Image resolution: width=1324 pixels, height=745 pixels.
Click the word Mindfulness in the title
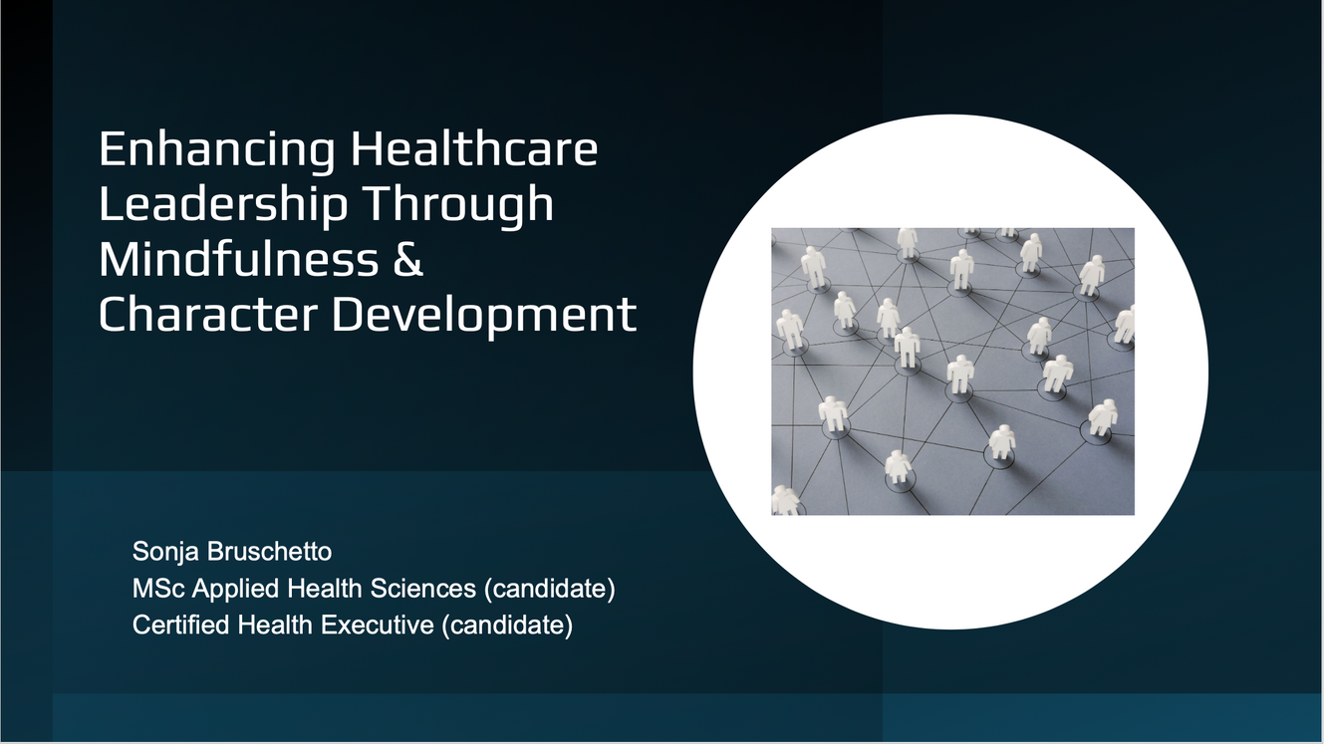pyautogui.click(x=238, y=259)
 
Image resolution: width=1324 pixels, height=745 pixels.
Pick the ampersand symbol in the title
pyautogui.click(x=408, y=259)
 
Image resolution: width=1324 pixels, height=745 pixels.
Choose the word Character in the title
pyautogui.click(x=208, y=315)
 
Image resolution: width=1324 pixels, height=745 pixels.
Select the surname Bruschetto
pyautogui.click(x=269, y=551)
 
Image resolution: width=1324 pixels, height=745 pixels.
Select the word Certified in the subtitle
pyautogui.click(x=181, y=625)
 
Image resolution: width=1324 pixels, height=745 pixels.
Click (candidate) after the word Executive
pyautogui.click(x=507, y=625)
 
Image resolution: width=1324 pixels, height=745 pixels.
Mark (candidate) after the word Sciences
pyautogui.click(x=550, y=589)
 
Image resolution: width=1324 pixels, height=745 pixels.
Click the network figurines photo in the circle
pyautogui.click(x=952, y=372)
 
